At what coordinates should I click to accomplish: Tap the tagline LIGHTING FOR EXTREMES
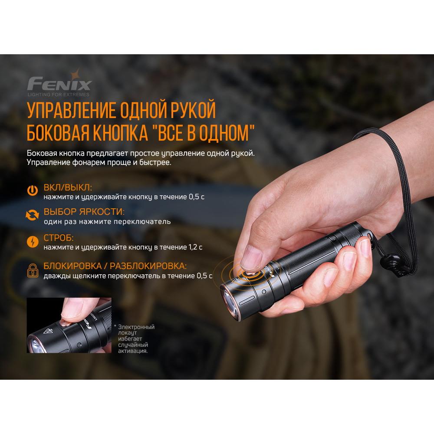58,94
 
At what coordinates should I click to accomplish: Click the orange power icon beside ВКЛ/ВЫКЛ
32,190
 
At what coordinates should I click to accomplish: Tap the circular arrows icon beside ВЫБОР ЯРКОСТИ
32,214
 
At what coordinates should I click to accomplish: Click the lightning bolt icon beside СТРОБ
32,241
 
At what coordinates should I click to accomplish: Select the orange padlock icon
32,270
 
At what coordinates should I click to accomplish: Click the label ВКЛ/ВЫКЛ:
68,188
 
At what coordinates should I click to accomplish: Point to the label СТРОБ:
59,238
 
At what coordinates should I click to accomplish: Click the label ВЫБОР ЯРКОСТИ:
84,212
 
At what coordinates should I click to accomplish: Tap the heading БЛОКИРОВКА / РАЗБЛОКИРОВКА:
115,266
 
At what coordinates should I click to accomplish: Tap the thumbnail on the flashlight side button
250,261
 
